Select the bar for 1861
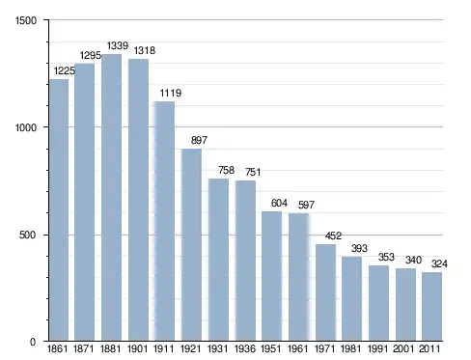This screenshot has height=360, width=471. (59, 209)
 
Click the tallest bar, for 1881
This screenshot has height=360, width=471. (111, 198)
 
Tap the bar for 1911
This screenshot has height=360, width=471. (164, 221)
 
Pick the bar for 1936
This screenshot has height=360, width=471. (245, 261)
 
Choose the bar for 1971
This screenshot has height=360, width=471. (325, 292)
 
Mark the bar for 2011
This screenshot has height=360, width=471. (431, 307)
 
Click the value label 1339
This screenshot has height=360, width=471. (118, 45)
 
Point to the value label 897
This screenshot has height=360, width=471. (199, 140)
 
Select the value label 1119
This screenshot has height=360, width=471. (171, 93)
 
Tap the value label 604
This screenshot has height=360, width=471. (279, 203)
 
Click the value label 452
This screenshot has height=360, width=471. (333, 235)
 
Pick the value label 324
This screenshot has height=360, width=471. (439, 263)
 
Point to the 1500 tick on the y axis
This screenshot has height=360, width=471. (26, 20)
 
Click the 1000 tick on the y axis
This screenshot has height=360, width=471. (26, 127)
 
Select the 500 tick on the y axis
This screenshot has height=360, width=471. (27, 235)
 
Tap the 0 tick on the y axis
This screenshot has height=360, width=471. (33, 342)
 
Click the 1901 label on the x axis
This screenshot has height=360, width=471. (137, 348)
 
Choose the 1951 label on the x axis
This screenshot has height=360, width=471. (270, 348)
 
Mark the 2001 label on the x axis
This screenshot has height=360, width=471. (403, 348)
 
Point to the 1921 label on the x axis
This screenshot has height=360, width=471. (191, 348)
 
